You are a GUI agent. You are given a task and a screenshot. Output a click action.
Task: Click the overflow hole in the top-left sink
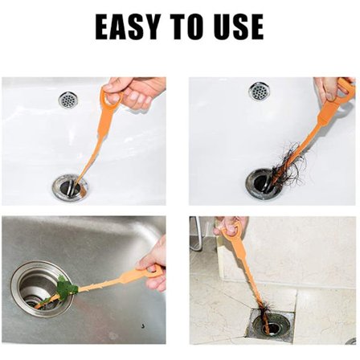68,100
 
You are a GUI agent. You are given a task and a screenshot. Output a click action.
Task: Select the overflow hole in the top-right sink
260,91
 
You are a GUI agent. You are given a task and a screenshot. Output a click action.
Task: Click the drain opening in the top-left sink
71,188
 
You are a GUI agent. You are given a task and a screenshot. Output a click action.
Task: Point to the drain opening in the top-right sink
264,183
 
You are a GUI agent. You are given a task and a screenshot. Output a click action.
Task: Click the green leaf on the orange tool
67,288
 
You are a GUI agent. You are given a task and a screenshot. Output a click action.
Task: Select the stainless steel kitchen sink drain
43,288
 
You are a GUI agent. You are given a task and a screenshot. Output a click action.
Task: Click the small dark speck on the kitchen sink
143,326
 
